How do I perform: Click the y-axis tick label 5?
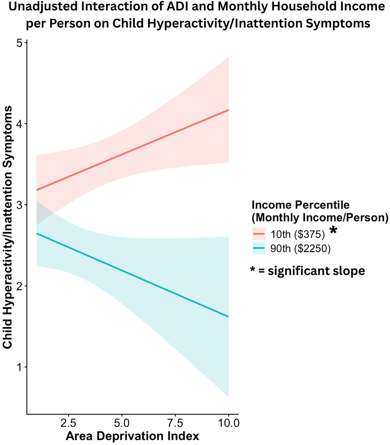19,43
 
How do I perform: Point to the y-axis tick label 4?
19,124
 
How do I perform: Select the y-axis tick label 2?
19,286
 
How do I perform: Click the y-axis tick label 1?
19,367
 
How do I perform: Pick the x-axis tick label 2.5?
68,423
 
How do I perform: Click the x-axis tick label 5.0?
122,423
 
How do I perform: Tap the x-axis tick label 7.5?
175,423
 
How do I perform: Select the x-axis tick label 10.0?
229,423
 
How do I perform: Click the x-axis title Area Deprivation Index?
132,436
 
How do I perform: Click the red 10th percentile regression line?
132,150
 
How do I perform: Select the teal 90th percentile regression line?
132,275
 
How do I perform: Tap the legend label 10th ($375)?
298,234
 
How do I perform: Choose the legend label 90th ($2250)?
300,249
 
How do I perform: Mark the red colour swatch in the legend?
259,234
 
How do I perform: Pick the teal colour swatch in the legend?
259,248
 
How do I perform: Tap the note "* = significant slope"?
307,271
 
